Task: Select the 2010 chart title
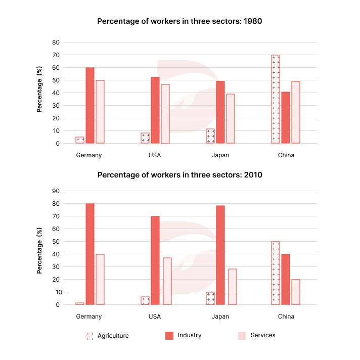pyautogui.click(x=179, y=175)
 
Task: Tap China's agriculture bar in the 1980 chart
pyautogui.click(x=276, y=99)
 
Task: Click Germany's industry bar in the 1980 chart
pyautogui.click(x=90, y=105)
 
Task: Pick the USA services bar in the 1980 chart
pyautogui.click(x=165, y=114)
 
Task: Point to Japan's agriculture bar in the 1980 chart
pyautogui.click(x=210, y=136)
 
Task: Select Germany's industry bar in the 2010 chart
pyautogui.click(x=90, y=254)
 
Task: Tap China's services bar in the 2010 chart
pyautogui.click(x=295, y=292)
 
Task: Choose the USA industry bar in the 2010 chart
pyautogui.click(x=155, y=260)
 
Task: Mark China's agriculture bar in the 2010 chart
pyautogui.click(x=276, y=273)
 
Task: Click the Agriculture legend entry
pyautogui.click(x=107, y=336)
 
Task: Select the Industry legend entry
pyautogui.click(x=183, y=335)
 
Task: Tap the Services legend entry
pyautogui.click(x=256, y=335)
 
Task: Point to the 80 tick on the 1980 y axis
pyautogui.click(x=56, y=42)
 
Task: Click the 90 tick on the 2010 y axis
pyautogui.click(x=56, y=191)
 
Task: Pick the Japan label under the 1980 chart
pyautogui.click(x=220, y=155)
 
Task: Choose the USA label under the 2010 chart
pyautogui.click(x=155, y=317)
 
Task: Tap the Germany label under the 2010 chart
pyautogui.click(x=89, y=317)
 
